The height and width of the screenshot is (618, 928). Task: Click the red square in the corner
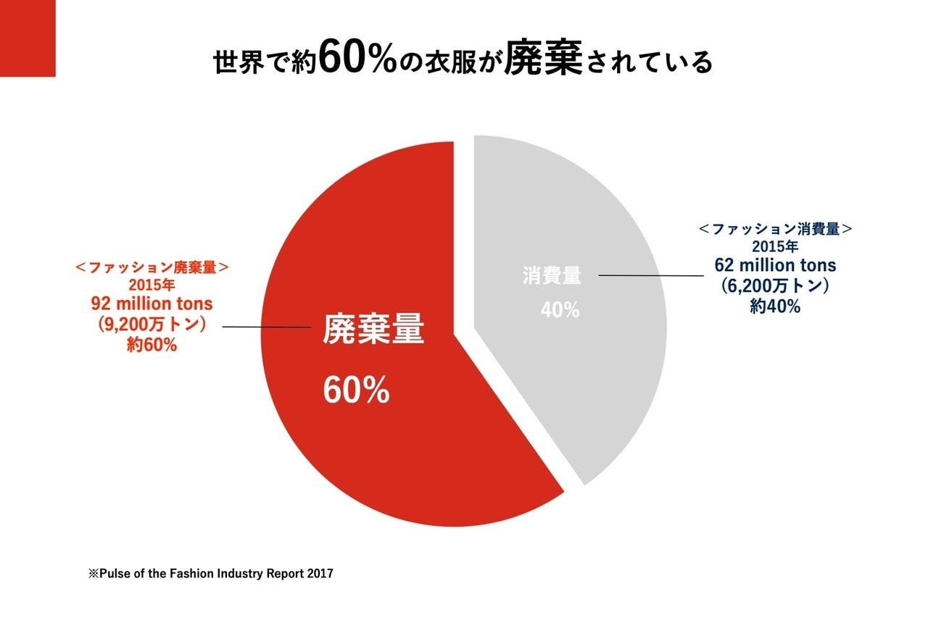click(x=28, y=38)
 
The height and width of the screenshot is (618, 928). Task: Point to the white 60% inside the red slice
click(x=356, y=391)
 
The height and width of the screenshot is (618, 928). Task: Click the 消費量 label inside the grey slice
click(x=552, y=275)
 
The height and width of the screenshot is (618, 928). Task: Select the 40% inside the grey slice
click(x=560, y=310)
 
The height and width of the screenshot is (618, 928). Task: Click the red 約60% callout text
click(x=152, y=345)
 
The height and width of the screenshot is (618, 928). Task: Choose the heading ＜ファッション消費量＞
click(x=775, y=229)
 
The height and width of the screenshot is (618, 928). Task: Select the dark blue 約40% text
click(x=775, y=306)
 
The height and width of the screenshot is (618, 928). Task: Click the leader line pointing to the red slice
click(x=266, y=327)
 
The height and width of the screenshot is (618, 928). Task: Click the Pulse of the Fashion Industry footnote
click(x=211, y=573)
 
